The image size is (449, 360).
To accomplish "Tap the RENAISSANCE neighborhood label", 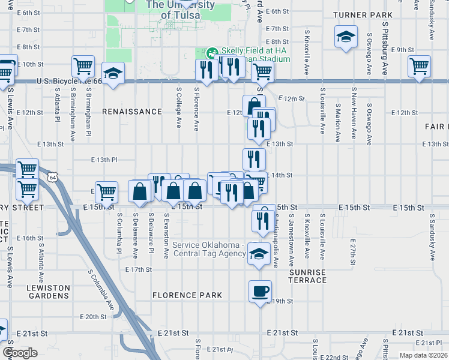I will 132,112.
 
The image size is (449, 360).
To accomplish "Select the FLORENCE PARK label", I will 187,295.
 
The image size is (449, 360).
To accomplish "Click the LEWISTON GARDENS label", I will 48,292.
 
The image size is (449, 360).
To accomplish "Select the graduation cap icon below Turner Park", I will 346,37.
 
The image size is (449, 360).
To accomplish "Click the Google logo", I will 20,353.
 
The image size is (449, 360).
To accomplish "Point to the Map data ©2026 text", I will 423,355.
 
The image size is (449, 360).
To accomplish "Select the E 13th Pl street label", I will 104,160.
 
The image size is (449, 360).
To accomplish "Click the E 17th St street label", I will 139,269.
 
